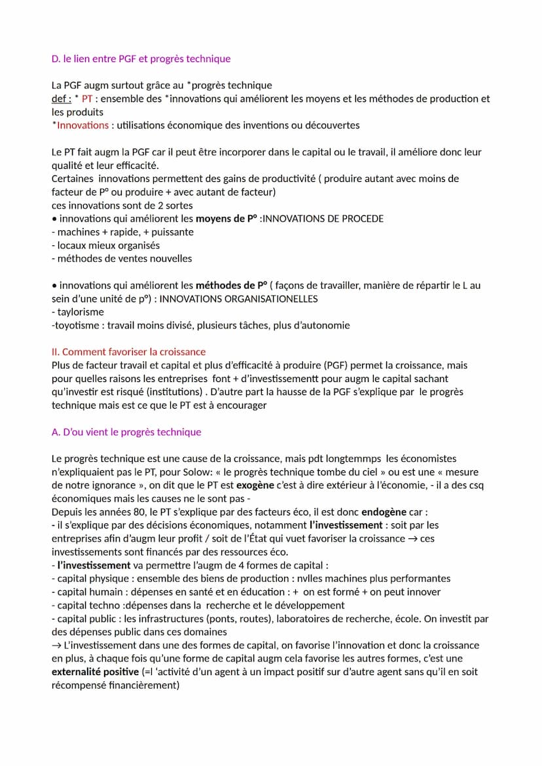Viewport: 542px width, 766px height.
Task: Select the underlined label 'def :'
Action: click(x=62, y=99)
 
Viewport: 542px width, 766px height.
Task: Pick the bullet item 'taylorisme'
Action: click(x=81, y=312)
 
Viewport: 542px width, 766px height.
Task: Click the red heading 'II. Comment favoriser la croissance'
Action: click(x=128, y=352)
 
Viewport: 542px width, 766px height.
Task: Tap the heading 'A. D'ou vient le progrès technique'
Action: click(x=126, y=432)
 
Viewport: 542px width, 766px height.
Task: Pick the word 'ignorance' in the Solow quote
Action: click(x=115, y=485)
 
